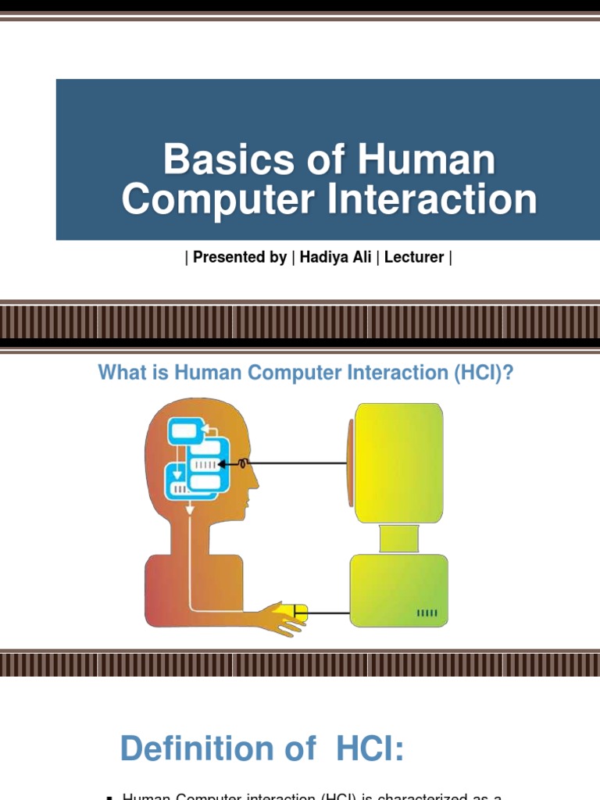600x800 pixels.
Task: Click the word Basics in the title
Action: (x=209, y=160)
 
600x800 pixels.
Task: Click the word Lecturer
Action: (x=414, y=257)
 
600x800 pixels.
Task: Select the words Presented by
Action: (x=240, y=257)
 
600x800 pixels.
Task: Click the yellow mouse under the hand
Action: (x=298, y=612)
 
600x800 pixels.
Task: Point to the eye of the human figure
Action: (x=243, y=463)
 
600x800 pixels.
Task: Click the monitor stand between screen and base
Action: (x=398, y=538)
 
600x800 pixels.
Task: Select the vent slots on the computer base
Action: (x=427, y=613)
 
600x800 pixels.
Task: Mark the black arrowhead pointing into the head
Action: (x=223, y=463)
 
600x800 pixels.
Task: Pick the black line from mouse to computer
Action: (x=328, y=612)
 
